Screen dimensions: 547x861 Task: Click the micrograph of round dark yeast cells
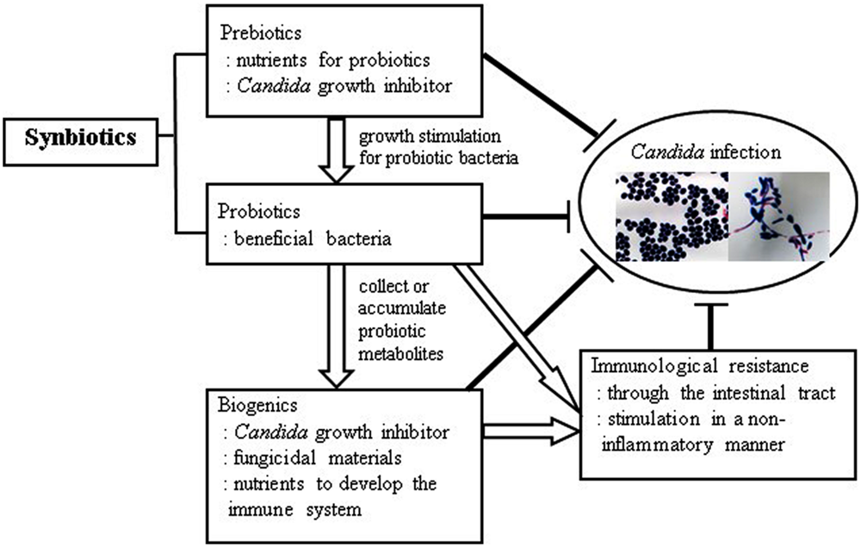pos(670,216)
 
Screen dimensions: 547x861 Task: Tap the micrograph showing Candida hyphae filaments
pos(778,216)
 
